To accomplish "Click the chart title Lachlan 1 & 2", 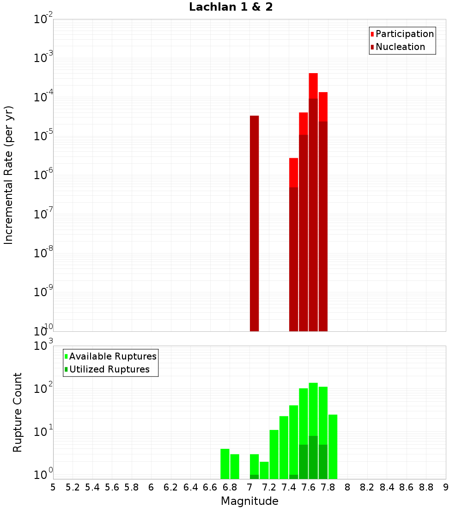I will click(231, 7).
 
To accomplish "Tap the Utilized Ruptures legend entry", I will click(109, 369).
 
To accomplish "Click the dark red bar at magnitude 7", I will click(254, 222).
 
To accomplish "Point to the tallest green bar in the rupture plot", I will click(313, 407).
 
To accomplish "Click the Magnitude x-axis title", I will click(249, 501).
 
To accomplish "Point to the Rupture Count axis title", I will click(18, 412).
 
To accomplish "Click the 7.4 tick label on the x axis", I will click(289, 487).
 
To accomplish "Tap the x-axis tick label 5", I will click(53, 487).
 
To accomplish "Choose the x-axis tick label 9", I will click(446, 487).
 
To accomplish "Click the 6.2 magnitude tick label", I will click(171, 487).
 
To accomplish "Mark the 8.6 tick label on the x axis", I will click(407, 487).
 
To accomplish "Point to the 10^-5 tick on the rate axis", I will click(43, 136).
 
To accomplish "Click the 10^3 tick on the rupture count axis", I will click(43, 345).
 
